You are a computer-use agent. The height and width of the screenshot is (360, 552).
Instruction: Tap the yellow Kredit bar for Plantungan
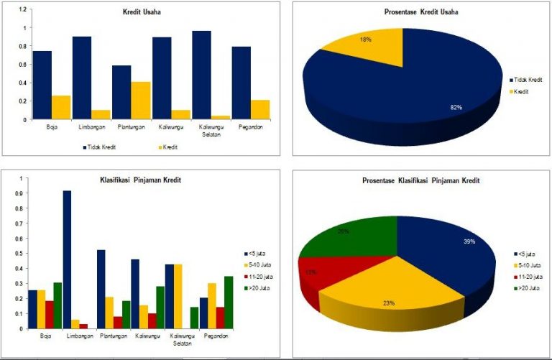tap(141, 101)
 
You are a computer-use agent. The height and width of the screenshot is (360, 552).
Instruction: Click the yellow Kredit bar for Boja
tap(62, 107)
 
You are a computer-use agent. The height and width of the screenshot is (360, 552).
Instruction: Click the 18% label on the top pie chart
tap(365, 40)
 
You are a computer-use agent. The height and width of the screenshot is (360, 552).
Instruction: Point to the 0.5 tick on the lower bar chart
tap(22, 253)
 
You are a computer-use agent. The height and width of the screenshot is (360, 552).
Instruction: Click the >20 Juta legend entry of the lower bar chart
tap(257, 288)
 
